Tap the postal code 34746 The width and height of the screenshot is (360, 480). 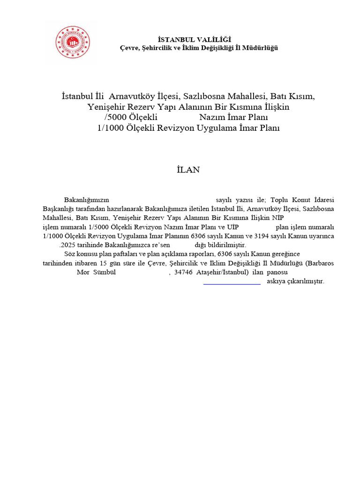click(183, 272)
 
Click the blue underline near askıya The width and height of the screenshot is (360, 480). click(232, 284)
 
